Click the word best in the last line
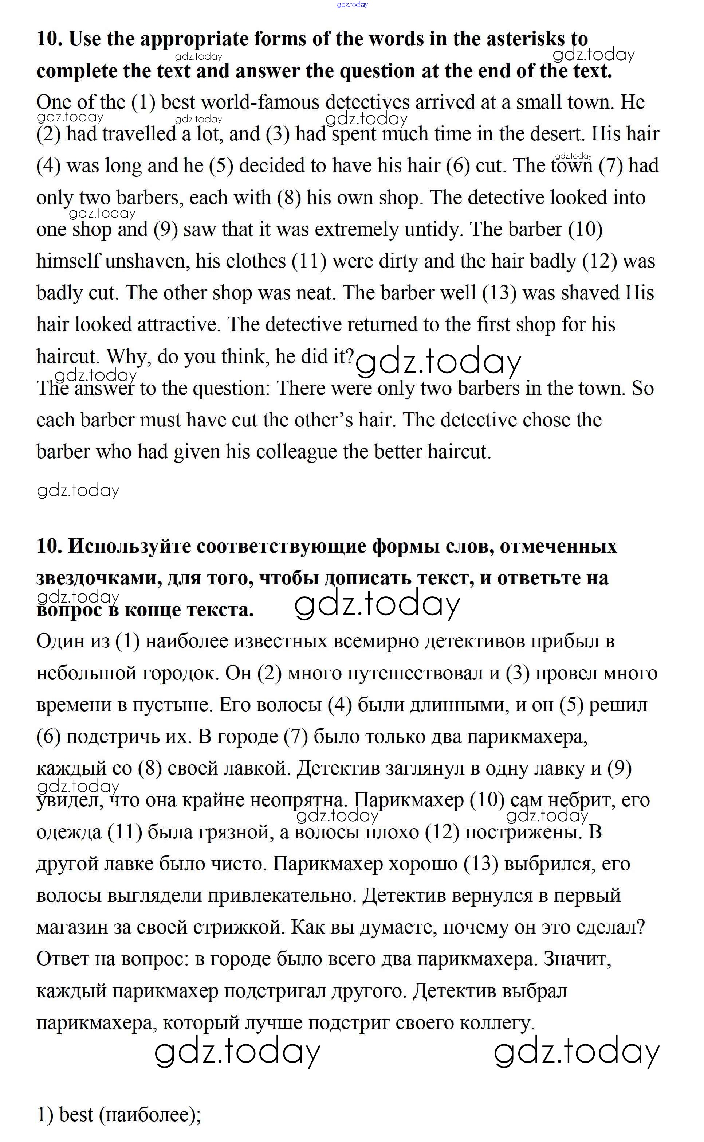coord(76,1115)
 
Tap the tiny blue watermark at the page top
coord(352,5)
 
